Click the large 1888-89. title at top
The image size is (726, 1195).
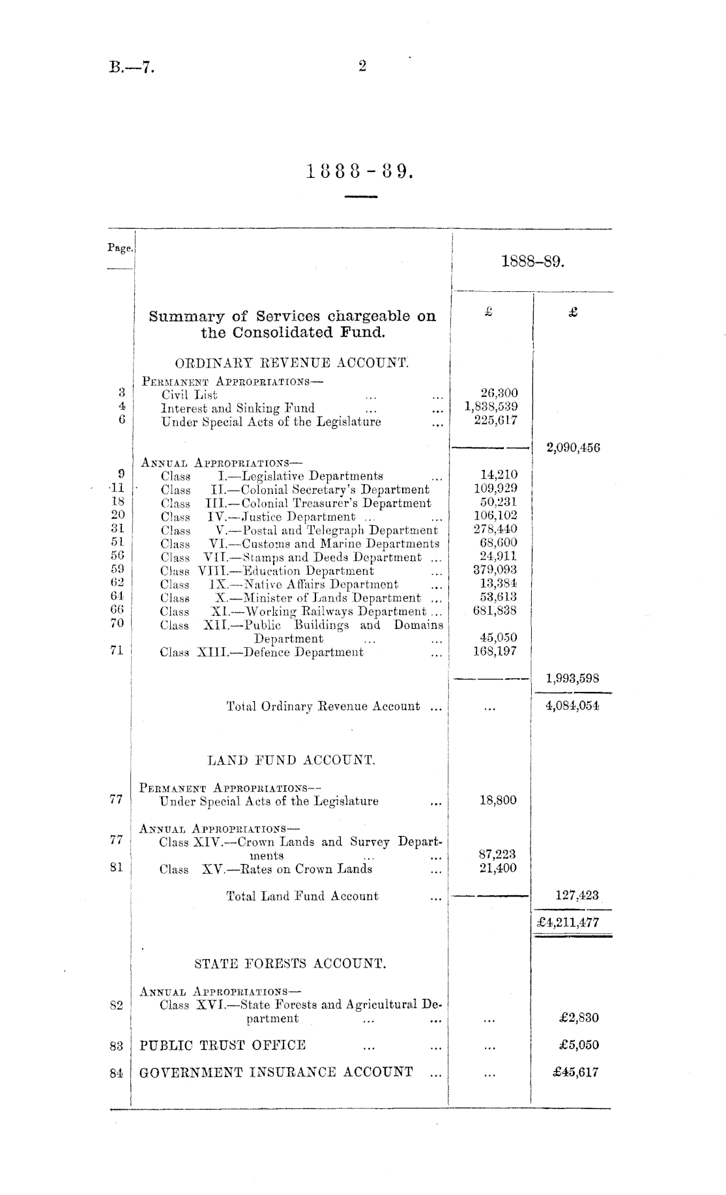360,172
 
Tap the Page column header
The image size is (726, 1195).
121,248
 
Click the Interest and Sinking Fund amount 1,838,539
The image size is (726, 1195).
491,407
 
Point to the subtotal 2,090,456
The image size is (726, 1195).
573,448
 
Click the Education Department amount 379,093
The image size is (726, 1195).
495,569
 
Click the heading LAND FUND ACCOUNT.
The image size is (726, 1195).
291,760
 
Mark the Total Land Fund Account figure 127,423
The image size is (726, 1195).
577,895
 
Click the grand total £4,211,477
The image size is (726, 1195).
569,923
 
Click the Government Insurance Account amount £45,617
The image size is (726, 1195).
579,1072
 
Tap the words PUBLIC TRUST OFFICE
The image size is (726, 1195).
223,1045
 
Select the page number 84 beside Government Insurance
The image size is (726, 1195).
117,1073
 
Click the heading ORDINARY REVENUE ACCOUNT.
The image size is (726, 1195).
293,363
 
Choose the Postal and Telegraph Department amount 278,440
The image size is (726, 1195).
495,529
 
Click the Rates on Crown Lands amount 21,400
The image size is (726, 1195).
498,868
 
